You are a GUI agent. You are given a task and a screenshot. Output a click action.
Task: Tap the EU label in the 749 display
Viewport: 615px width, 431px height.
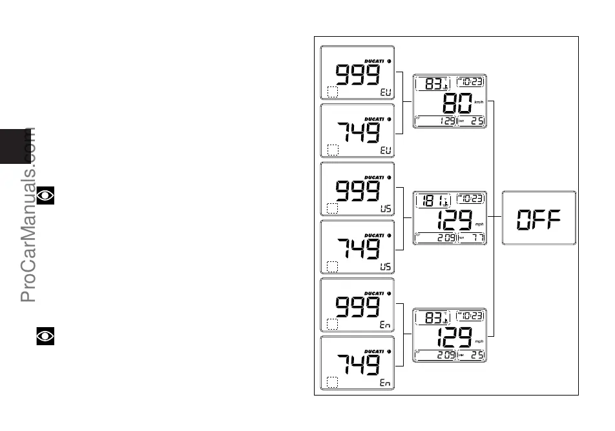386,151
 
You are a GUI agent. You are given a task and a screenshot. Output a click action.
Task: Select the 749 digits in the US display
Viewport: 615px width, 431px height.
357,250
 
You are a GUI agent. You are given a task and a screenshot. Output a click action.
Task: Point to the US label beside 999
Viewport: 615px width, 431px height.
386,209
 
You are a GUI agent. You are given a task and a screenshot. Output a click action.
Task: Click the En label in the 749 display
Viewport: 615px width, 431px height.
386,383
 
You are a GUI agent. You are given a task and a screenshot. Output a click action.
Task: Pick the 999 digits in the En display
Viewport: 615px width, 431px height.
357,308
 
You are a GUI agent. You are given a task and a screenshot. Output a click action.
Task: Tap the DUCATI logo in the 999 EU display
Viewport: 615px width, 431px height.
375,61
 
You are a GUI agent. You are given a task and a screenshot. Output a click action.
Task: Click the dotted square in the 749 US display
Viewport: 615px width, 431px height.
333,266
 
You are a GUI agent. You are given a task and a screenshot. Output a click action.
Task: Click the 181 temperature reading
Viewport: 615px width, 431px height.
428,199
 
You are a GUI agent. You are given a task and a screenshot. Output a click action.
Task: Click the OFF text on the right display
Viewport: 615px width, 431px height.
538,219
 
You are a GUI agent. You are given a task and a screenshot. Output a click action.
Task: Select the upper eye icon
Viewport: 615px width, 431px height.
45,196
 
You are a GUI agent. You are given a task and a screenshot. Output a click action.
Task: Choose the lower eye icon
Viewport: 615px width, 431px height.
45,336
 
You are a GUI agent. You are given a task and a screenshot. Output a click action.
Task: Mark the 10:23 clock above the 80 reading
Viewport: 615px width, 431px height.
471,82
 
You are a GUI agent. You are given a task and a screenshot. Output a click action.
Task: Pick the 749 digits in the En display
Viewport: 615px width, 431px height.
357,366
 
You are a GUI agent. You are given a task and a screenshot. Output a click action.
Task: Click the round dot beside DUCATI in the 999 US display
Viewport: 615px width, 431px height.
389,177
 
